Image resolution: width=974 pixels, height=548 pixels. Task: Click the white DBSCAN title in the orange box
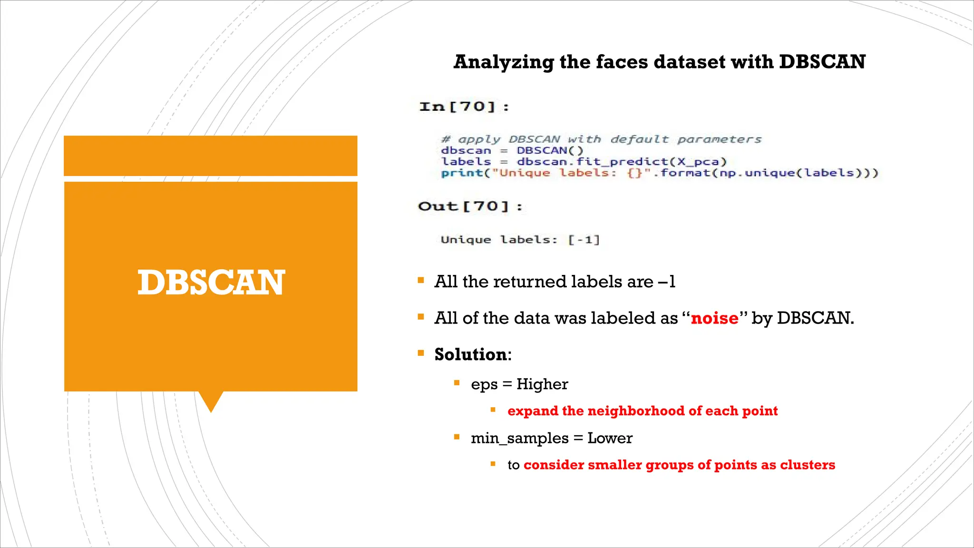211,283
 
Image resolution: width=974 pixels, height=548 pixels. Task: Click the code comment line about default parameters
601,139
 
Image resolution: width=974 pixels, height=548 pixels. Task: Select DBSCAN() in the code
550,151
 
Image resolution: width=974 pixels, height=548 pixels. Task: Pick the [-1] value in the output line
584,240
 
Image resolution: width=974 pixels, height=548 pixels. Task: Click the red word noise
714,318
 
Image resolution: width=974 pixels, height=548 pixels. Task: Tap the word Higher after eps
542,384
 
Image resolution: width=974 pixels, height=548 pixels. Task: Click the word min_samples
519,438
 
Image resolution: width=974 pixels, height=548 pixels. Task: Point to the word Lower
610,438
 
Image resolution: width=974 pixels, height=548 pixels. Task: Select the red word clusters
808,465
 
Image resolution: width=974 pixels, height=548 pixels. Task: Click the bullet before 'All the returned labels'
421,281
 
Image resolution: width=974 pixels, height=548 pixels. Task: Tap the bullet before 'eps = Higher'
457,383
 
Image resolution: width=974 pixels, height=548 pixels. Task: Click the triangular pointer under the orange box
211,401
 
